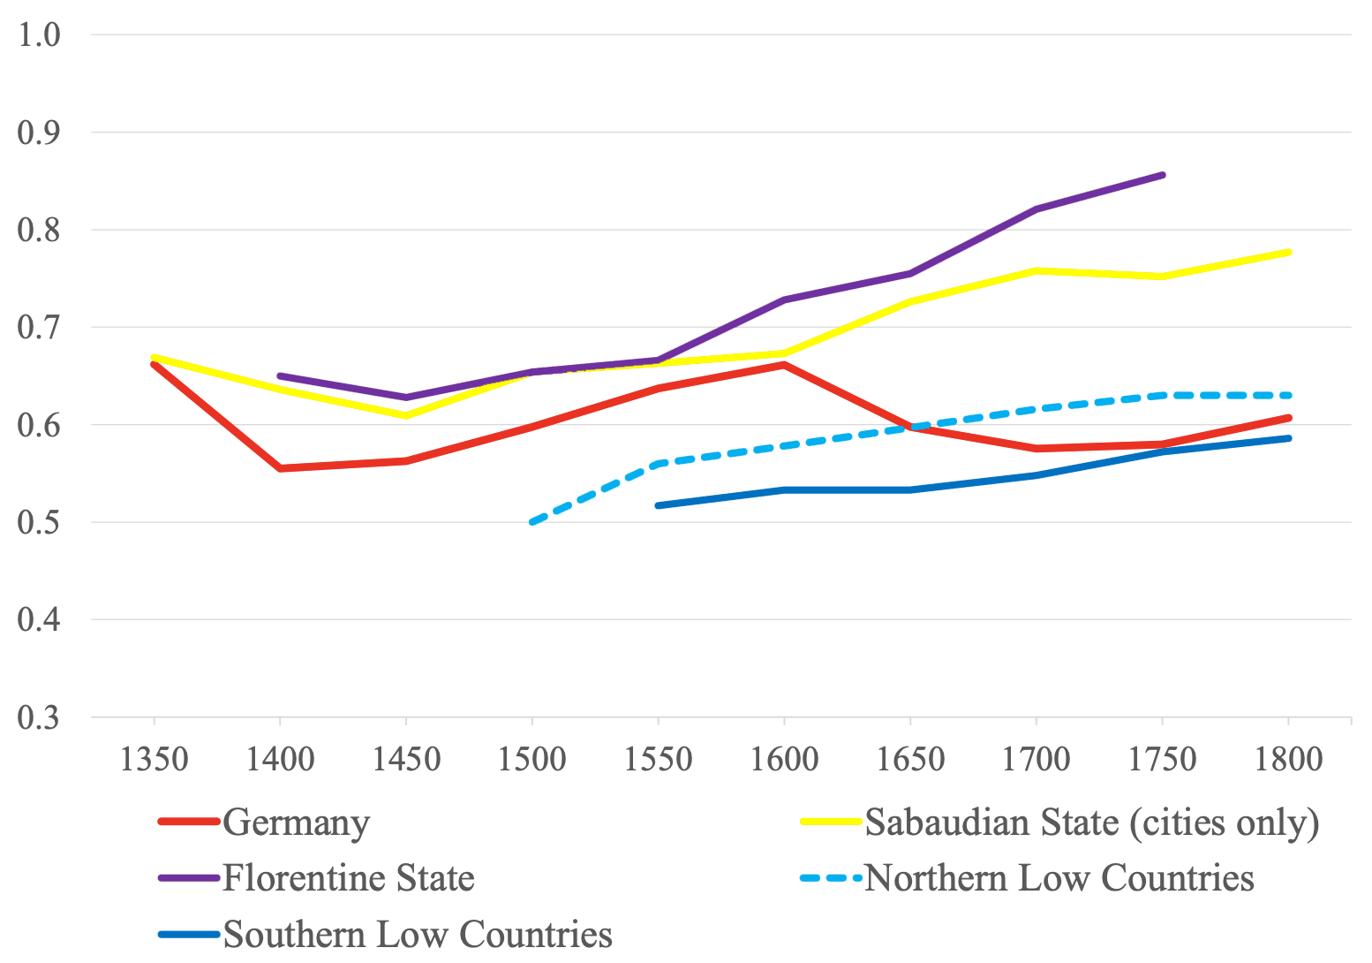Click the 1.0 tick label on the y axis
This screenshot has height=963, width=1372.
[x=39, y=35]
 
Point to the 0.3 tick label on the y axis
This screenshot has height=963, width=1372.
[x=39, y=717]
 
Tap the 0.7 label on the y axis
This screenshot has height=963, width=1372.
[x=39, y=328]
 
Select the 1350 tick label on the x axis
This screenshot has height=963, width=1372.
[x=154, y=759]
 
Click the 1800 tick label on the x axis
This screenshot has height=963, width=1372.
[x=1288, y=759]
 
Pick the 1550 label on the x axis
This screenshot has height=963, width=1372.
[x=658, y=759]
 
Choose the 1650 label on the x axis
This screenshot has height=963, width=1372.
[x=909, y=759]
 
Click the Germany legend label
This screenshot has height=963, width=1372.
[x=296, y=823]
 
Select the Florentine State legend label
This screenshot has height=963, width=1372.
[x=349, y=878]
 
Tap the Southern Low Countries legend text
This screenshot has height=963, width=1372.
[x=418, y=934]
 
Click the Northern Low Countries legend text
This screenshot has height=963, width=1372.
[x=1059, y=878]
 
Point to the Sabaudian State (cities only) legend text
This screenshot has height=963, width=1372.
[x=1092, y=823]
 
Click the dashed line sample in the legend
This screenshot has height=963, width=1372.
[x=830, y=878]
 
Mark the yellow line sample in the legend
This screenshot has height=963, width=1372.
[x=830, y=822]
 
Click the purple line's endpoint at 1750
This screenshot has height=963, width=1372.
[x=1163, y=175]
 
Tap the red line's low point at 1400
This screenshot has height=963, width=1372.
[x=280, y=468]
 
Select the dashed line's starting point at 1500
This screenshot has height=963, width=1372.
[x=531, y=522]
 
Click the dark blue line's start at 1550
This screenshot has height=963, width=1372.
[x=658, y=505]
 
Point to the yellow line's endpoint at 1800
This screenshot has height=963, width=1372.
[x=1289, y=252]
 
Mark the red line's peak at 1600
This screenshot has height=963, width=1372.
[x=783, y=364]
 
